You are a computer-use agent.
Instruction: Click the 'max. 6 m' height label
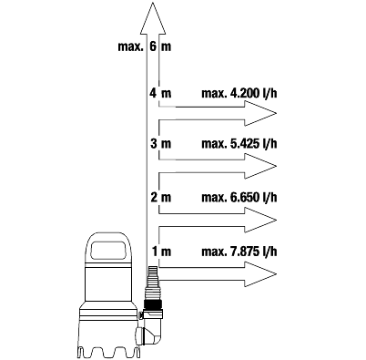pos(145,46)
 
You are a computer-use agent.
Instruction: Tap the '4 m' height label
pos(160,93)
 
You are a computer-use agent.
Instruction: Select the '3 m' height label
pos(160,143)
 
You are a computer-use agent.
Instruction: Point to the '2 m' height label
pos(160,197)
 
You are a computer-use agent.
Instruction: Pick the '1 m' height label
pos(161,252)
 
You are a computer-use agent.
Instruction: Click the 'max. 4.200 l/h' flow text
pos(239,93)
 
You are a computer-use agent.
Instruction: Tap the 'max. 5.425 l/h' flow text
pos(239,143)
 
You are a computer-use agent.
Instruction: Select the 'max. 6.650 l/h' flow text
pos(239,198)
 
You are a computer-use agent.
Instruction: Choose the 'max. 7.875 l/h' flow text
pos(239,252)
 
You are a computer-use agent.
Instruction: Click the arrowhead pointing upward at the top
pos(153,19)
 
